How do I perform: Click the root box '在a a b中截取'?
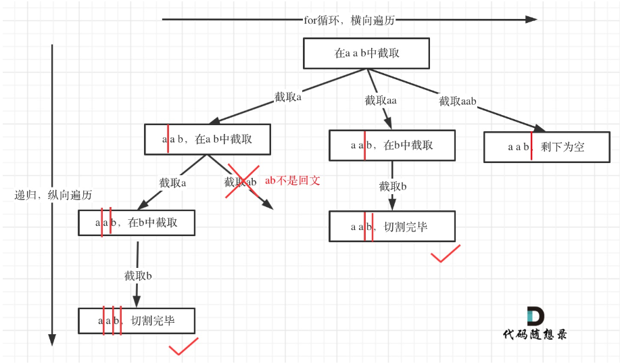coord(366,53)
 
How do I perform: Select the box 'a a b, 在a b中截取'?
coord(207,139)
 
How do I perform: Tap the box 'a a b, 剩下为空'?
coord(546,146)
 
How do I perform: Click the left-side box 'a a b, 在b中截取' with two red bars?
coord(137,222)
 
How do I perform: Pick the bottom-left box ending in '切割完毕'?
coord(137,320)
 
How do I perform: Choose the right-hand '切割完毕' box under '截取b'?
coord(392,227)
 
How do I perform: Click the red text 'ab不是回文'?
coord(292,181)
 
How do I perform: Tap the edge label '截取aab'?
coord(458,101)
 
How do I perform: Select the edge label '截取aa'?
coord(381,101)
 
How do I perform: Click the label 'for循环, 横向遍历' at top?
coord(350,20)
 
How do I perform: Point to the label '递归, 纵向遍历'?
coord(53,195)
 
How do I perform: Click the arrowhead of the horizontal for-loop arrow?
coord(531,20)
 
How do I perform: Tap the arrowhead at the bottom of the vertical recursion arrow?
coord(51,340)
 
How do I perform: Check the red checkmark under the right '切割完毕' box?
coord(445,254)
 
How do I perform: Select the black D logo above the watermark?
coord(535,316)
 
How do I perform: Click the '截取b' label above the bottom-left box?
coord(139,276)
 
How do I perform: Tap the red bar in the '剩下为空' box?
coord(531,146)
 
